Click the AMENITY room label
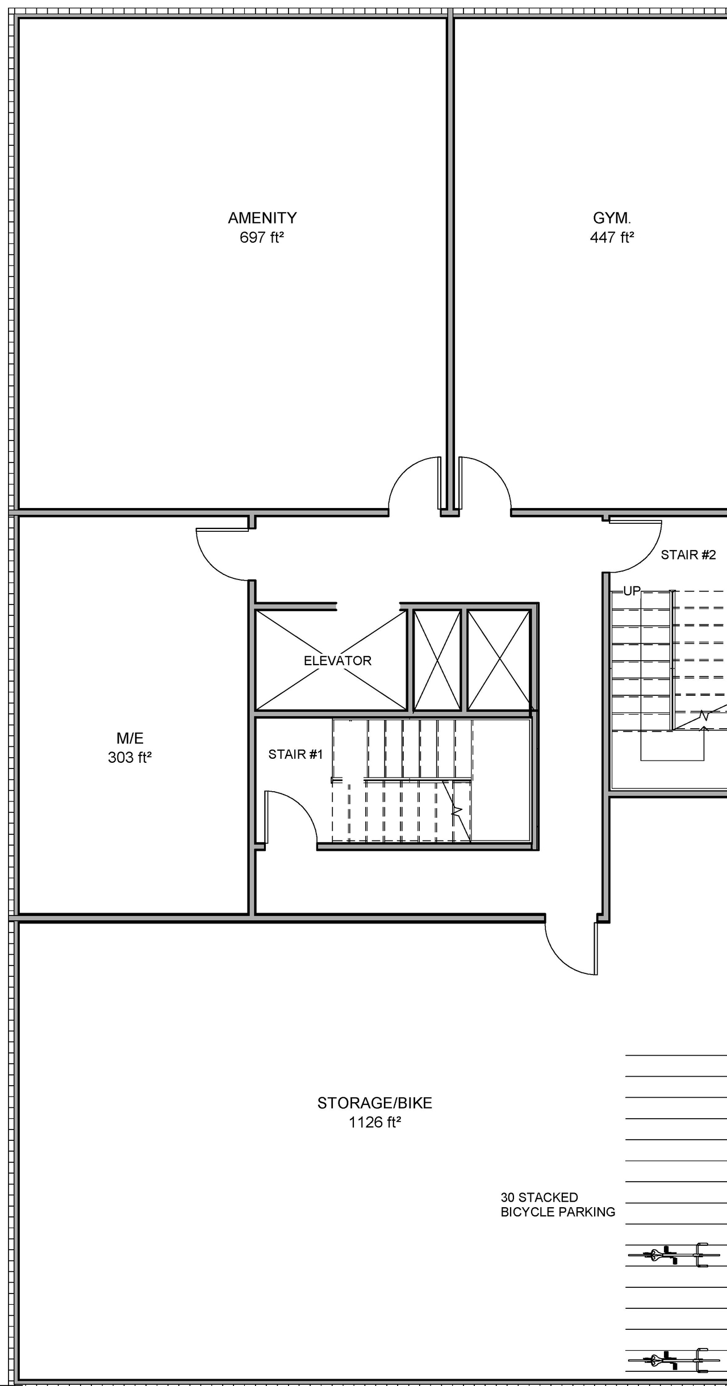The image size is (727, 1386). point(262,218)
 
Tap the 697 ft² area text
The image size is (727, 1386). point(261,237)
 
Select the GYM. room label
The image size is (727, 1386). point(612,218)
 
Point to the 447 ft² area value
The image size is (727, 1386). point(612,237)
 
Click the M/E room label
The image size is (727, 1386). point(130,738)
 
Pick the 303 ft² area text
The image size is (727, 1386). point(129,758)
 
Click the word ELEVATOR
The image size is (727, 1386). point(337,661)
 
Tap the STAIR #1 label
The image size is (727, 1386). point(295,754)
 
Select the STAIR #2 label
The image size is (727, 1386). point(688,555)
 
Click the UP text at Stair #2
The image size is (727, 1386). point(632,591)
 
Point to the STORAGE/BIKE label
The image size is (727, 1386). point(374,1103)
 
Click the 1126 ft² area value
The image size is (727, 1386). point(374,1123)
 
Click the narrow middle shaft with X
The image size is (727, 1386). point(437,660)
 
